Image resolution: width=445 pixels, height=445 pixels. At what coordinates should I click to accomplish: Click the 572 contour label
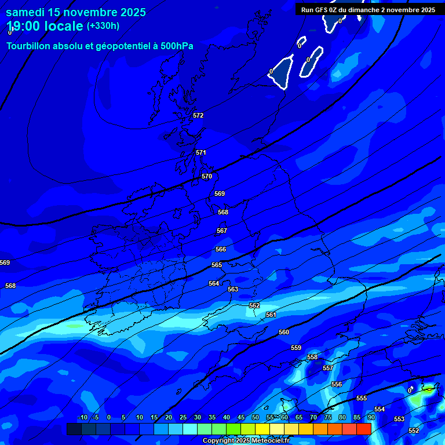(x=198, y=115)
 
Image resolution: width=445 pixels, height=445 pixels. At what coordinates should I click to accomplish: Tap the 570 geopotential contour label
(x=207, y=176)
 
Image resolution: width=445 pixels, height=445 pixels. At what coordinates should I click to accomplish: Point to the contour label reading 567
(x=222, y=231)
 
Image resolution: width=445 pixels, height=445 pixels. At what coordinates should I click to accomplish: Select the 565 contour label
(x=217, y=265)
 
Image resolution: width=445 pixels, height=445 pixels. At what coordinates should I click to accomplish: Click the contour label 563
(x=233, y=289)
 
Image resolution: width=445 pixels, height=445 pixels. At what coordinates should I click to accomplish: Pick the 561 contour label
(x=271, y=315)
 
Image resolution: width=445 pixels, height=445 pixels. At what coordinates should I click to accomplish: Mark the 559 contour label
(x=296, y=348)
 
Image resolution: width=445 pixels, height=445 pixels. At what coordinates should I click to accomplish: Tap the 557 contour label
(x=328, y=368)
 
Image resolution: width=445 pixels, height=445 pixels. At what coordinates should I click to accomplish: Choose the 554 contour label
(x=380, y=409)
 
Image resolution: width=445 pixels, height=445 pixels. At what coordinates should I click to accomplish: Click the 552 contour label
(x=414, y=431)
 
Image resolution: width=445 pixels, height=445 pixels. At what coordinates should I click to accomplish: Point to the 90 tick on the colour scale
(x=371, y=417)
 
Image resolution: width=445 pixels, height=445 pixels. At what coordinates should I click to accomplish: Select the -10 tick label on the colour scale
(x=82, y=417)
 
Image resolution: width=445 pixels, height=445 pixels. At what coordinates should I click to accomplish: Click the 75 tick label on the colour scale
(x=328, y=417)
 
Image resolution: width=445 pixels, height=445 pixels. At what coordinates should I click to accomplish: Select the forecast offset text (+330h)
(x=103, y=25)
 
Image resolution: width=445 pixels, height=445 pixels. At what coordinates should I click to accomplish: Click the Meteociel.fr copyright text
(x=269, y=441)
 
